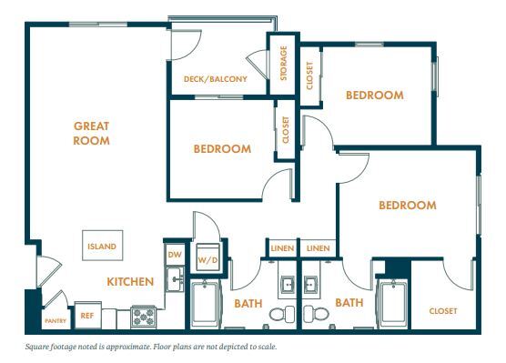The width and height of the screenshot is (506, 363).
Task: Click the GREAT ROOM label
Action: click(92, 134)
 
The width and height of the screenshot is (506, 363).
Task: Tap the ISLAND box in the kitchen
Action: click(102, 246)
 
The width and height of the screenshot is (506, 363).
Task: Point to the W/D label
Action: click(208, 261)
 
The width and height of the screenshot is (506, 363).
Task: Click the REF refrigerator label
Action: click(87, 316)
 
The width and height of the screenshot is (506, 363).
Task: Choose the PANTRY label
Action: click(56, 322)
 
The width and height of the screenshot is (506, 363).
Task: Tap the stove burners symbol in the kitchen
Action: click(143, 315)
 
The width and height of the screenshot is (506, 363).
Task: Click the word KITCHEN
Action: click(129, 282)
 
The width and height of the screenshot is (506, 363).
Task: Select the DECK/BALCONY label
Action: click(215, 80)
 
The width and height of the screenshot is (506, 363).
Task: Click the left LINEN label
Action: click(281, 248)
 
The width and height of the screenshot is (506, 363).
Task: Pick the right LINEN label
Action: click(318, 248)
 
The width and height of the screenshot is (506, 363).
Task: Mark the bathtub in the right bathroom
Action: click(393, 305)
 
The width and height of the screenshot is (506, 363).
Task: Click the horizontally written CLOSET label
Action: click(444, 311)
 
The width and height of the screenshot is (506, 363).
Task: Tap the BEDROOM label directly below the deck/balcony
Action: click(221, 149)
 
